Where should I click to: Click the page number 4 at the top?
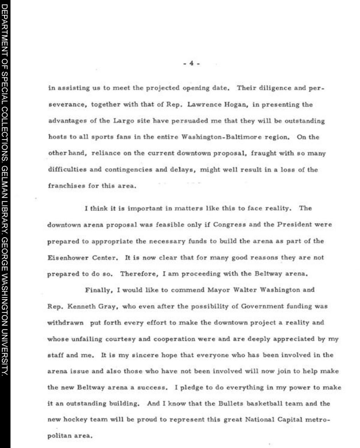[x=191, y=63]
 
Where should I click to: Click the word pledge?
[x=193, y=387]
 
